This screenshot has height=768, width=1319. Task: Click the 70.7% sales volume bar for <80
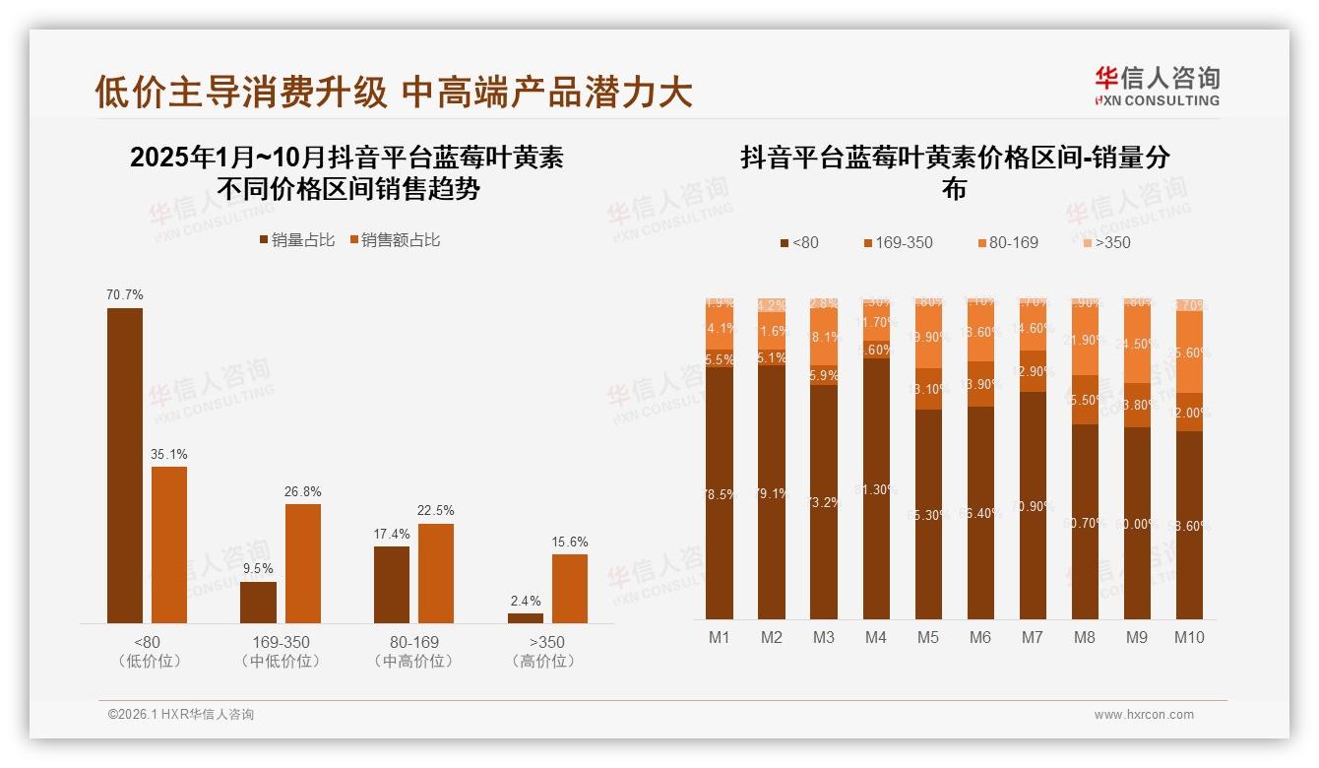[x=125, y=465]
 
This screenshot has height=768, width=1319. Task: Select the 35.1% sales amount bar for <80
[x=169, y=544]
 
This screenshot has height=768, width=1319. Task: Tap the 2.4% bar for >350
[x=525, y=617]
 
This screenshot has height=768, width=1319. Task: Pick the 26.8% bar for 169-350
[x=303, y=562]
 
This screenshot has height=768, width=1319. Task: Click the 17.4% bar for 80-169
[x=392, y=584]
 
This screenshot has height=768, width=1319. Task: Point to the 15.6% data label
[x=570, y=542]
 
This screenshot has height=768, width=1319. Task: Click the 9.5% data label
[x=258, y=568]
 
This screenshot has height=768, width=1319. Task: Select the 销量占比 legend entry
[x=296, y=240]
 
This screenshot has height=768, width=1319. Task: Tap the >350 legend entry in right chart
[x=1106, y=242]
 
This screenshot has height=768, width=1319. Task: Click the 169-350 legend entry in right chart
[x=898, y=242]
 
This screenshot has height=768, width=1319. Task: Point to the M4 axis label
[x=876, y=637]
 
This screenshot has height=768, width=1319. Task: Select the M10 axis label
[x=1189, y=637]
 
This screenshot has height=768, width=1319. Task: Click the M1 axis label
[x=720, y=637]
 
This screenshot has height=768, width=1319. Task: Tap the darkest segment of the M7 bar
[x=1033, y=504]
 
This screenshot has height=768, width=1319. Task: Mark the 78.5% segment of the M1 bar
[x=720, y=492]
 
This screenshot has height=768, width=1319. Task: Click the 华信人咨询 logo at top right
[x=1157, y=86]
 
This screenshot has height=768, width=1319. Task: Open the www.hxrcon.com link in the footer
[x=1144, y=715]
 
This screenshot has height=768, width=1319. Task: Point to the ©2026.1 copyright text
[x=181, y=715]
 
